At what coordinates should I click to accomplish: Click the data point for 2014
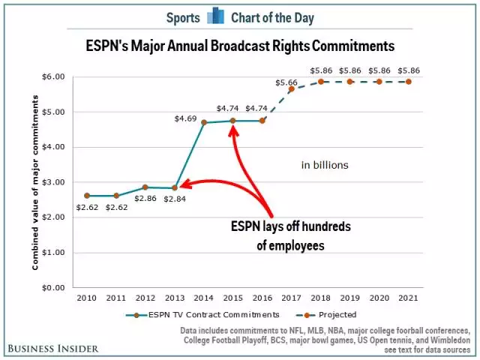(x=204, y=122)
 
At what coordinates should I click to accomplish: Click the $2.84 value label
(x=174, y=198)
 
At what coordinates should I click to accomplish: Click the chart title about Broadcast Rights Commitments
(x=240, y=46)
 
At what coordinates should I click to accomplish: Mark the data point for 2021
(x=408, y=82)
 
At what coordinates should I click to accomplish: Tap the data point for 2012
(x=145, y=187)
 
